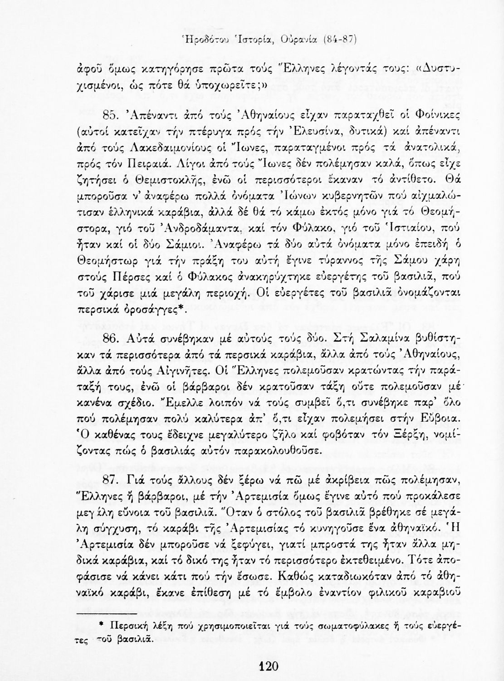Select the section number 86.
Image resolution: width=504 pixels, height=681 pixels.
[x=112, y=339]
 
